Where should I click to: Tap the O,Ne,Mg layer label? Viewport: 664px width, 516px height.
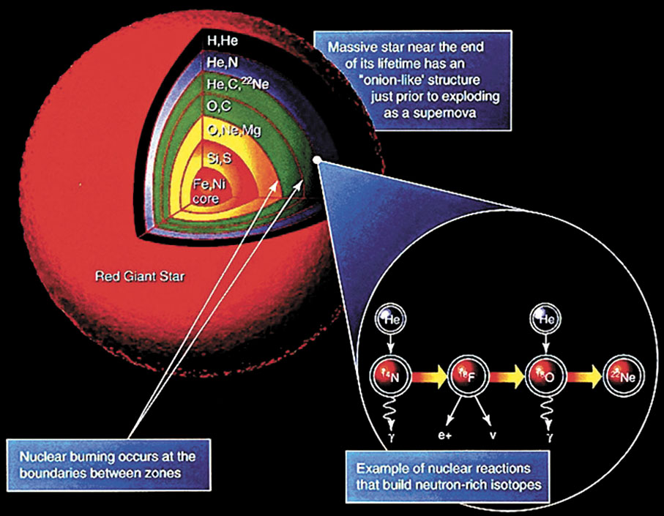pos(234,132)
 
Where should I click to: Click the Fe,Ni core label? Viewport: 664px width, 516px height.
pos(207,191)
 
